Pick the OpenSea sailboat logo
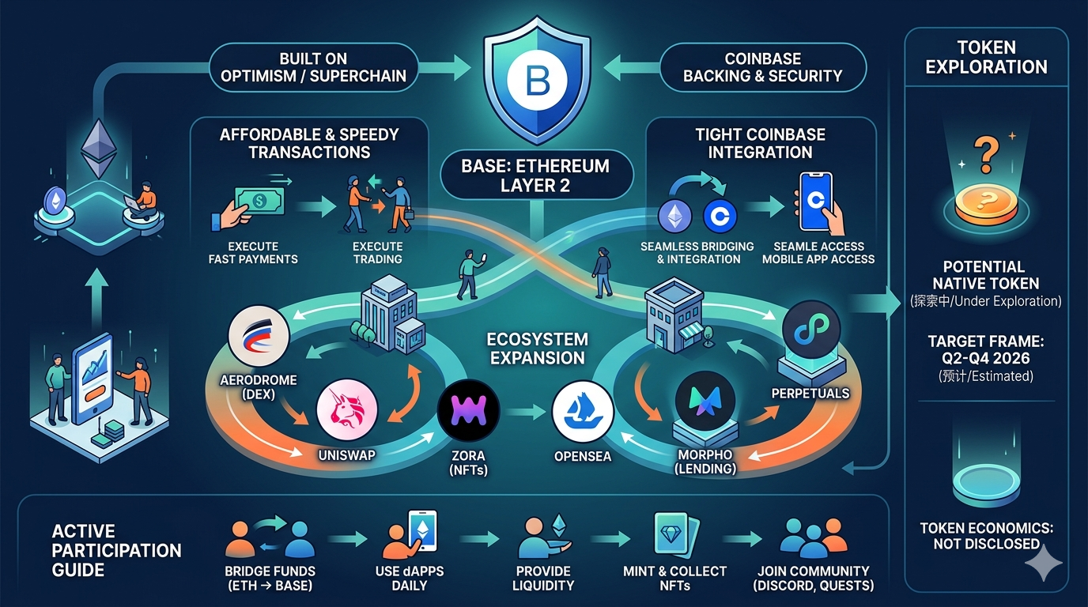(x=583, y=410)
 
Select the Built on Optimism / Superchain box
(x=313, y=67)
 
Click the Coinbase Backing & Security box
(x=762, y=67)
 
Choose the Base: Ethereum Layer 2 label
(x=536, y=175)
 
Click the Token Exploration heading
(x=986, y=58)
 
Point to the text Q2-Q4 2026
(x=986, y=359)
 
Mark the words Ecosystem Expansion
(x=538, y=349)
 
